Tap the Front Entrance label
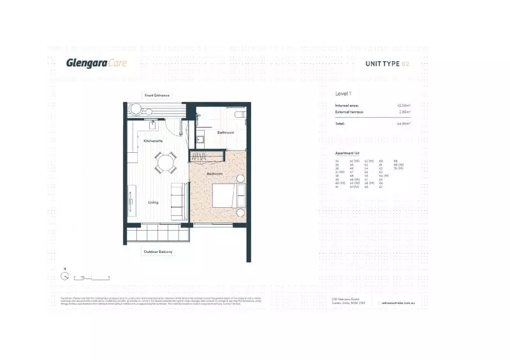click(x=157, y=96)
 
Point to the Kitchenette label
click(x=153, y=141)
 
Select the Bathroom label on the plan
click(x=226, y=133)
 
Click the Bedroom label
click(x=214, y=173)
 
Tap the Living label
click(x=153, y=203)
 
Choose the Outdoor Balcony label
click(x=157, y=252)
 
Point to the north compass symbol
click(x=64, y=277)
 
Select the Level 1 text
click(x=344, y=94)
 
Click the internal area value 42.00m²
click(x=403, y=105)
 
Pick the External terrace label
click(x=349, y=112)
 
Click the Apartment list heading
click(x=348, y=154)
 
